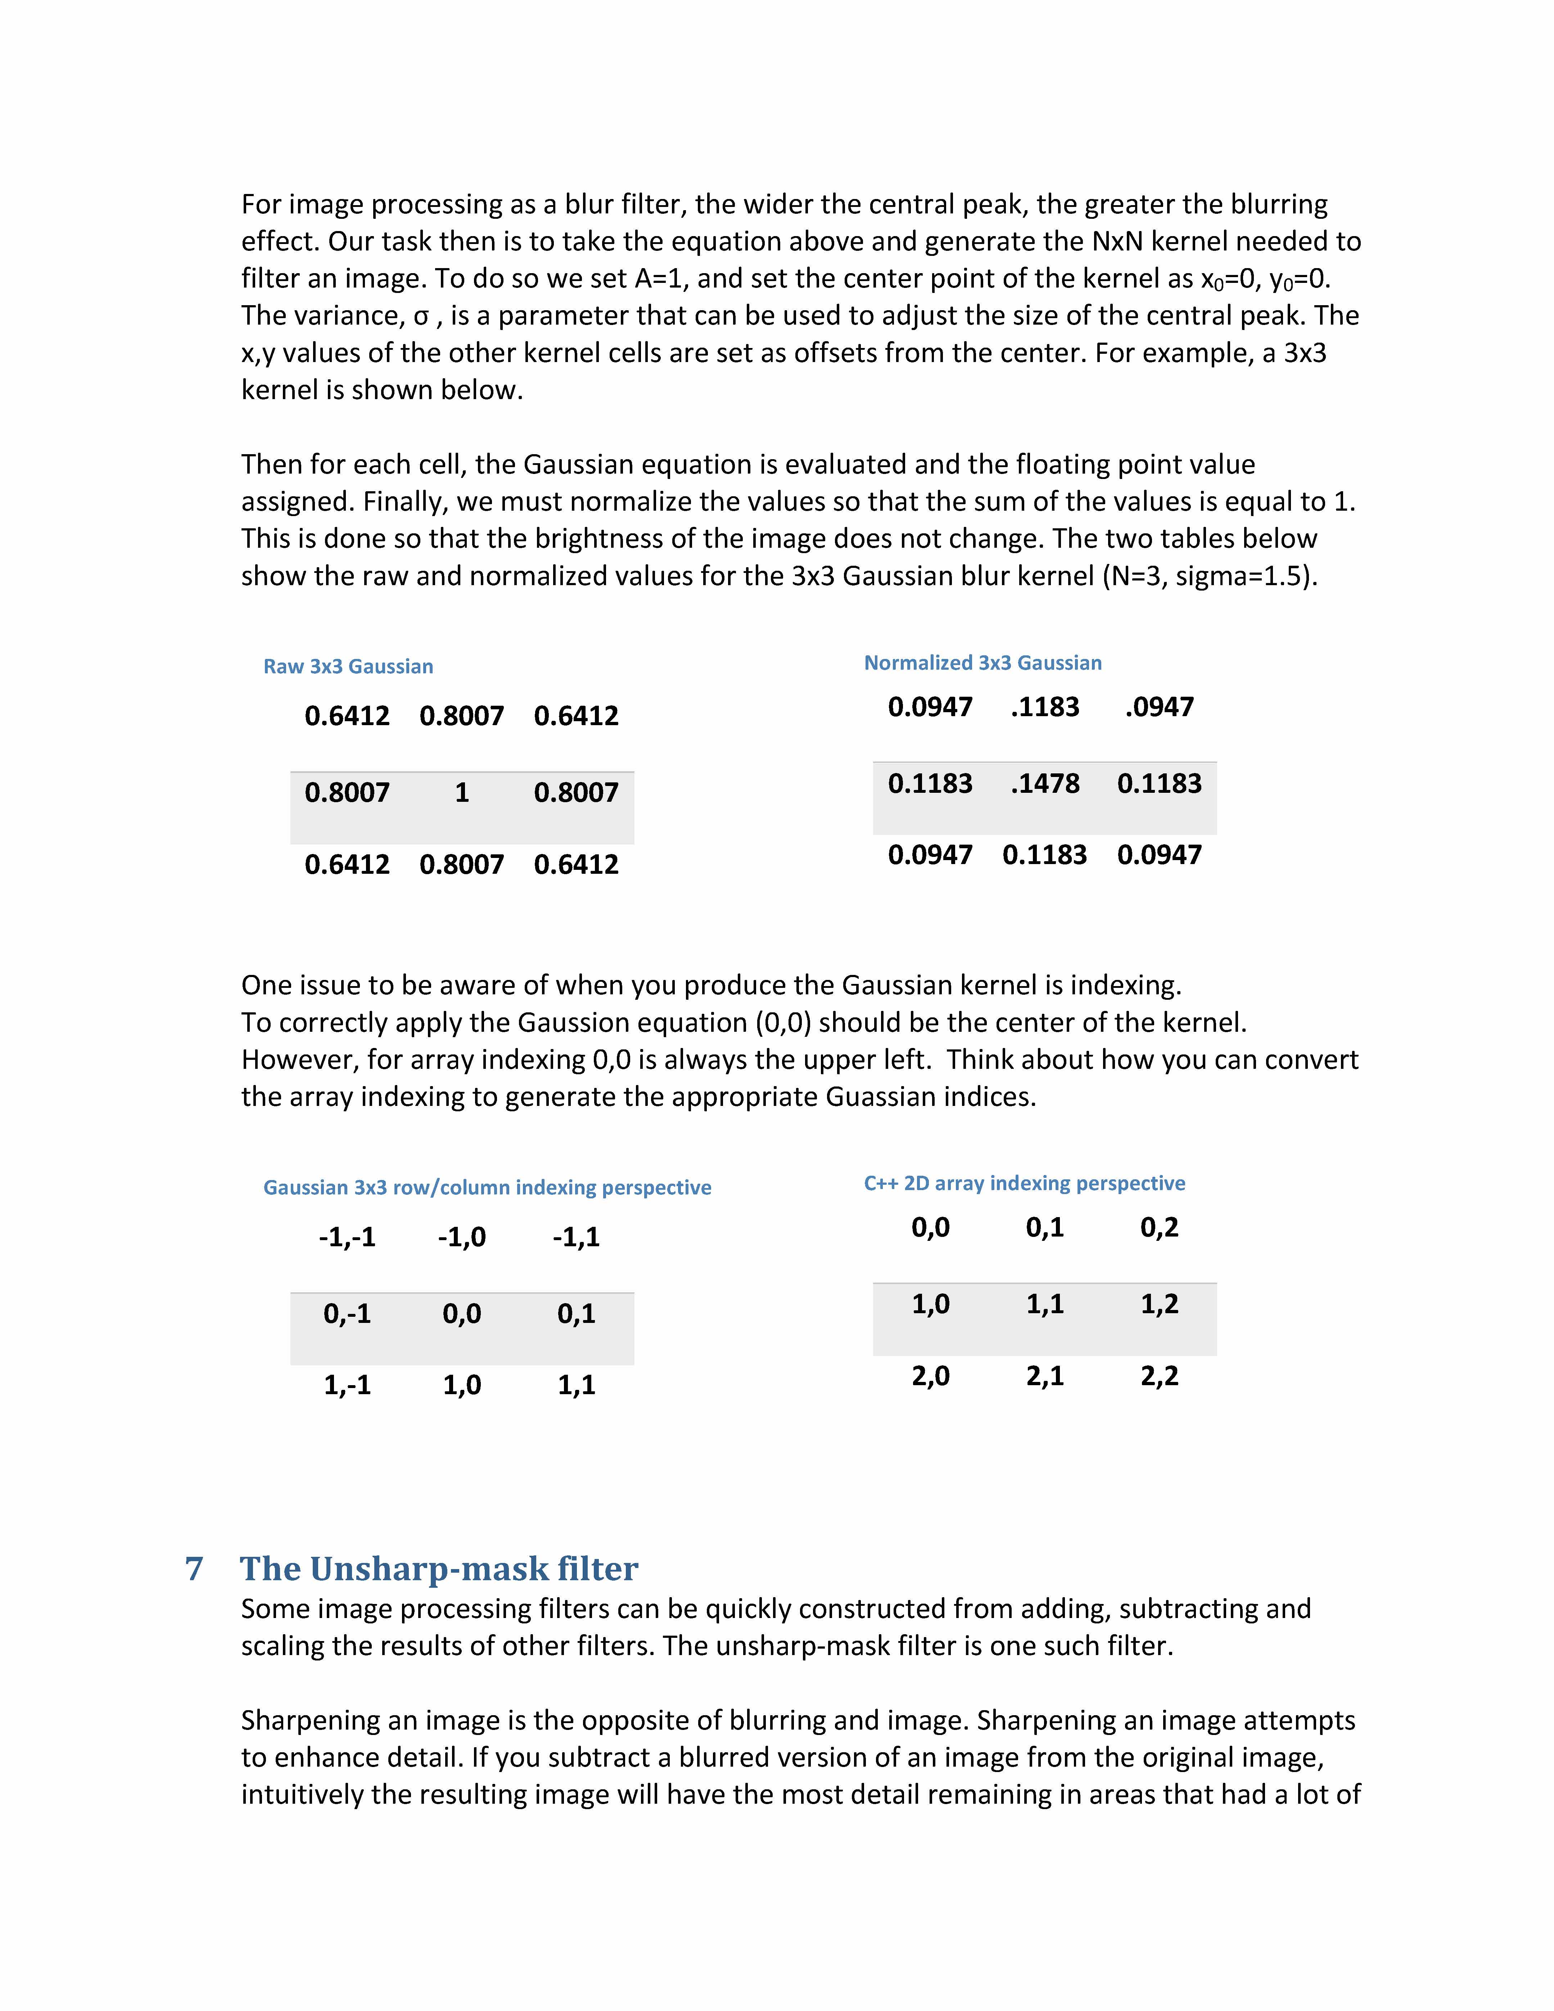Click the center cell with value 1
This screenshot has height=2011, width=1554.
point(462,793)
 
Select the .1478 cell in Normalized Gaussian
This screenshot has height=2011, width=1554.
point(1045,783)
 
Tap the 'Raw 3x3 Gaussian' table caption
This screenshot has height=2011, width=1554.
point(348,666)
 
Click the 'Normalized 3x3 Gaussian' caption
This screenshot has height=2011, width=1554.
point(982,663)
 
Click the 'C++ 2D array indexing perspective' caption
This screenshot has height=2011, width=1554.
point(1024,1183)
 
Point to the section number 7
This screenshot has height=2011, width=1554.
point(194,1568)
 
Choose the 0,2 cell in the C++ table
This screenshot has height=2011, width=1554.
point(1159,1228)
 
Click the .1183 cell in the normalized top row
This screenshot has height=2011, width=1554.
point(1045,707)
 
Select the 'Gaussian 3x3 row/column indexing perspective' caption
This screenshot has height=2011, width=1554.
point(487,1188)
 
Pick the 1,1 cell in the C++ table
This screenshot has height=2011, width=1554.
point(1045,1304)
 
